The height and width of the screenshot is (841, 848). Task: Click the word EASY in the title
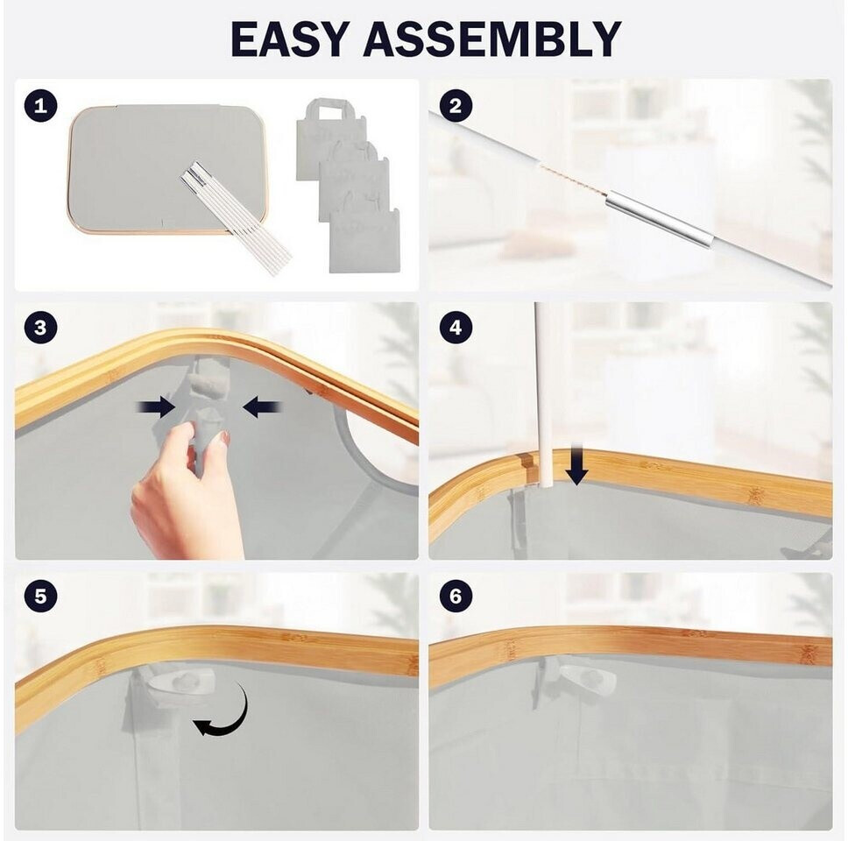(x=287, y=39)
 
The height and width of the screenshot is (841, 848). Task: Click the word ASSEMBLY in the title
(x=492, y=39)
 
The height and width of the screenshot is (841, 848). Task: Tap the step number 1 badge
(x=40, y=105)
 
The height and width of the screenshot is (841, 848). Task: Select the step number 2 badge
(x=456, y=105)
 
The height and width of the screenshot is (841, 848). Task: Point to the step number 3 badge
(x=40, y=328)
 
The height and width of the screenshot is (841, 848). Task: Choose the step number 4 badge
(x=456, y=328)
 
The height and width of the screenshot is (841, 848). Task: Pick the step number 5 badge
(x=40, y=596)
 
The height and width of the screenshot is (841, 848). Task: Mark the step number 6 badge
(x=456, y=596)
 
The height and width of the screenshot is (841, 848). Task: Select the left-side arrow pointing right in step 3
(x=156, y=408)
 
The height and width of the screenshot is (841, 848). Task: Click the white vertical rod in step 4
(x=542, y=395)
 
